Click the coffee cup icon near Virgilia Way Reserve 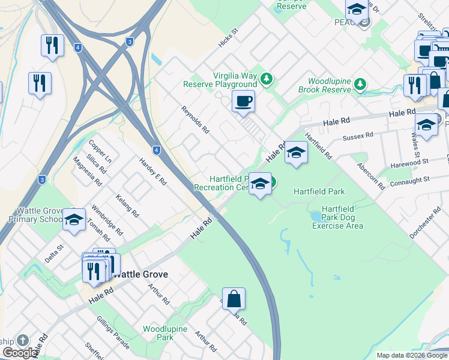pyautogui.click(x=243, y=101)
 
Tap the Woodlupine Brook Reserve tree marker pyautogui.click(x=360, y=83)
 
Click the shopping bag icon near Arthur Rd pyautogui.click(x=234, y=298)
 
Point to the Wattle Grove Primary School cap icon pyautogui.click(x=74, y=219)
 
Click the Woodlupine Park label pyautogui.click(x=165, y=333)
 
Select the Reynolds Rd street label pyautogui.click(x=195, y=119)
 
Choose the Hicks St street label pyautogui.click(x=229, y=39)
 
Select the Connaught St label pyautogui.click(x=411, y=179)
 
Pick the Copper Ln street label pyautogui.click(x=100, y=152)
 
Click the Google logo pyautogui.click(x=20, y=353)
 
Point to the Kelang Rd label pyautogui.click(x=128, y=205)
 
